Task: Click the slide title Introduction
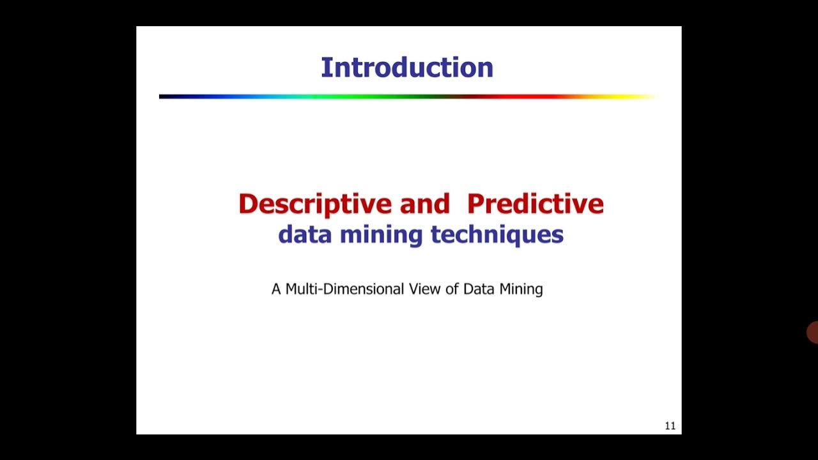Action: click(x=407, y=68)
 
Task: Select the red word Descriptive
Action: click(x=314, y=204)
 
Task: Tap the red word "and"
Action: click(x=425, y=204)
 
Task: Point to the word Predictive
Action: click(x=536, y=204)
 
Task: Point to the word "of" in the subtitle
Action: click(x=452, y=289)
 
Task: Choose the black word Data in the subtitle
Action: click(x=479, y=289)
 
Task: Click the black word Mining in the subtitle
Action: click(x=521, y=289)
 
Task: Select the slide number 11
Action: click(x=670, y=426)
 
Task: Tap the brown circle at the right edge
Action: click(x=813, y=333)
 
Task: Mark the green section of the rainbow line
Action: click(x=358, y=96)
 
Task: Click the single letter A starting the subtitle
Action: click(x=276, y=289)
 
